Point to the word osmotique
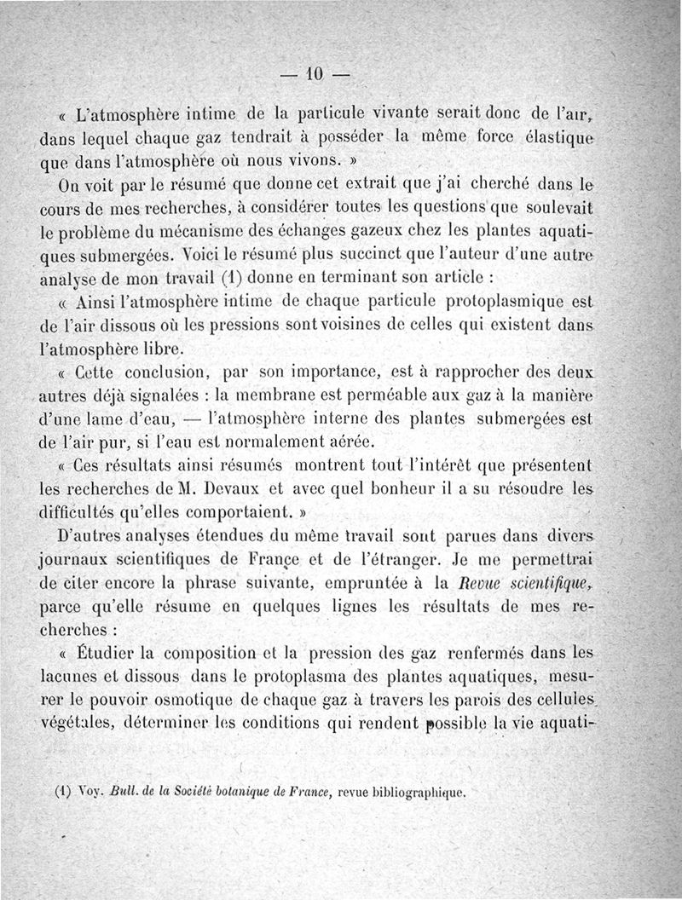pos(197,701)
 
